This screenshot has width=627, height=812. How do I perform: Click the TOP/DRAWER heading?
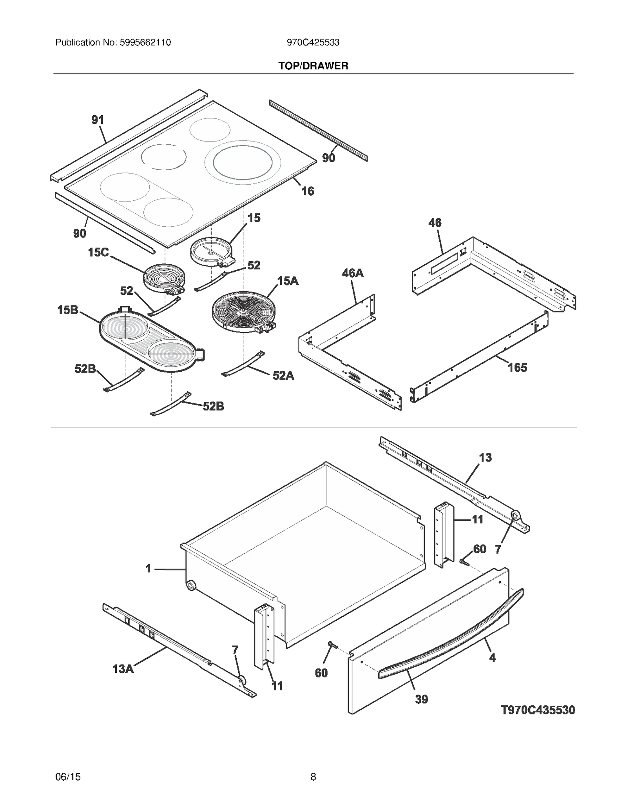pyautogui.click(x=313, y=66)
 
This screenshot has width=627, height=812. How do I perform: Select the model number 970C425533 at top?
pyautogui.click(x=313, y=42)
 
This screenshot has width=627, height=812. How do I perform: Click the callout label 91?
pyautogui.click(x=98, y=120)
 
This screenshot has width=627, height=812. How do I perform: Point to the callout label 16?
pyautogui.click(x=308, y=191)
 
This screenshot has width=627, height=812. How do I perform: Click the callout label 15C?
pyautogui.click(x=98, y=253)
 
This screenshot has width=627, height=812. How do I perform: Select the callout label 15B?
pyautogui.click(x=68, y=310)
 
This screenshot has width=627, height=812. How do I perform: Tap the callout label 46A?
pyautogui.click(x=353, y=273)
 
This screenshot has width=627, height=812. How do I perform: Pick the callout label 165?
pyautogui.click(x=517, y=368)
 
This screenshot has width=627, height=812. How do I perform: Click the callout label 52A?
pyautogui.click(x=283, y=376)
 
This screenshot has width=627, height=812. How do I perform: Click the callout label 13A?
pyautogui.click(x=123, y=669)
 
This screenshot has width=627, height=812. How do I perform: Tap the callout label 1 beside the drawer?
pyautogui.click(x=148, y=569)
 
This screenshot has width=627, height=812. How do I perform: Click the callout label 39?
pyautogui.click(x=422, y=699)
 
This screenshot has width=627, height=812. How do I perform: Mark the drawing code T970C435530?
pyautogui.click(x=538, y=710)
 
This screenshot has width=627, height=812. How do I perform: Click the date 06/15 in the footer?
pyautogui.click(x=68, y=777)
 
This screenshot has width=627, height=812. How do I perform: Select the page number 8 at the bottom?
pyautogui.click(x=313, y=777)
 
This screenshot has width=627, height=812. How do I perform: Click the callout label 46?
pyautogui.click(x=435, y=223)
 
